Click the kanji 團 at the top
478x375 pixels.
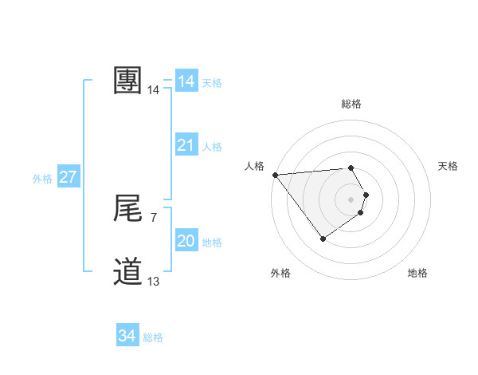click(x=128, y=81)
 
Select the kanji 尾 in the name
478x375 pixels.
click(x=128, y=209)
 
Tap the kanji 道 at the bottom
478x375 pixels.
click(x=128, y=272)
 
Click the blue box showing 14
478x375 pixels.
click(x=186, y=81)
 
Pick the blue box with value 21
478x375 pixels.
click(x=186, y=145)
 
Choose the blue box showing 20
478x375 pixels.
click(x=186, y=241)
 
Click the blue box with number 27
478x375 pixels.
click(x=68, y=177)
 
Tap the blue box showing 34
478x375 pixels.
click(x=127, y=336)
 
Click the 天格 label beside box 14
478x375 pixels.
click(x=212, y=83)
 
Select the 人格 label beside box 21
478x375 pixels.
click(x=212, y=147)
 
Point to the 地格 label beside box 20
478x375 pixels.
click(x=212, y=243)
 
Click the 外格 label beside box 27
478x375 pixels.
click(x=42, y=179)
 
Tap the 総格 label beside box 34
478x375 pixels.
click(x=153, y=337)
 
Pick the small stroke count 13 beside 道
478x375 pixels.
click(x=153, y=281)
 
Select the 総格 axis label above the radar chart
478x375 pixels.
click(x=351, y=104)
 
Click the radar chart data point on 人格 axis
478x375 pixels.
click(x=275, y=175)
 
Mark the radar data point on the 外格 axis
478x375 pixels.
click(x=323, y=238)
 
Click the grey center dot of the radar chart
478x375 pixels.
click(x=351, y=199)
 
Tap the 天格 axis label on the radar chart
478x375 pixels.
click(x=448, y=166)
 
